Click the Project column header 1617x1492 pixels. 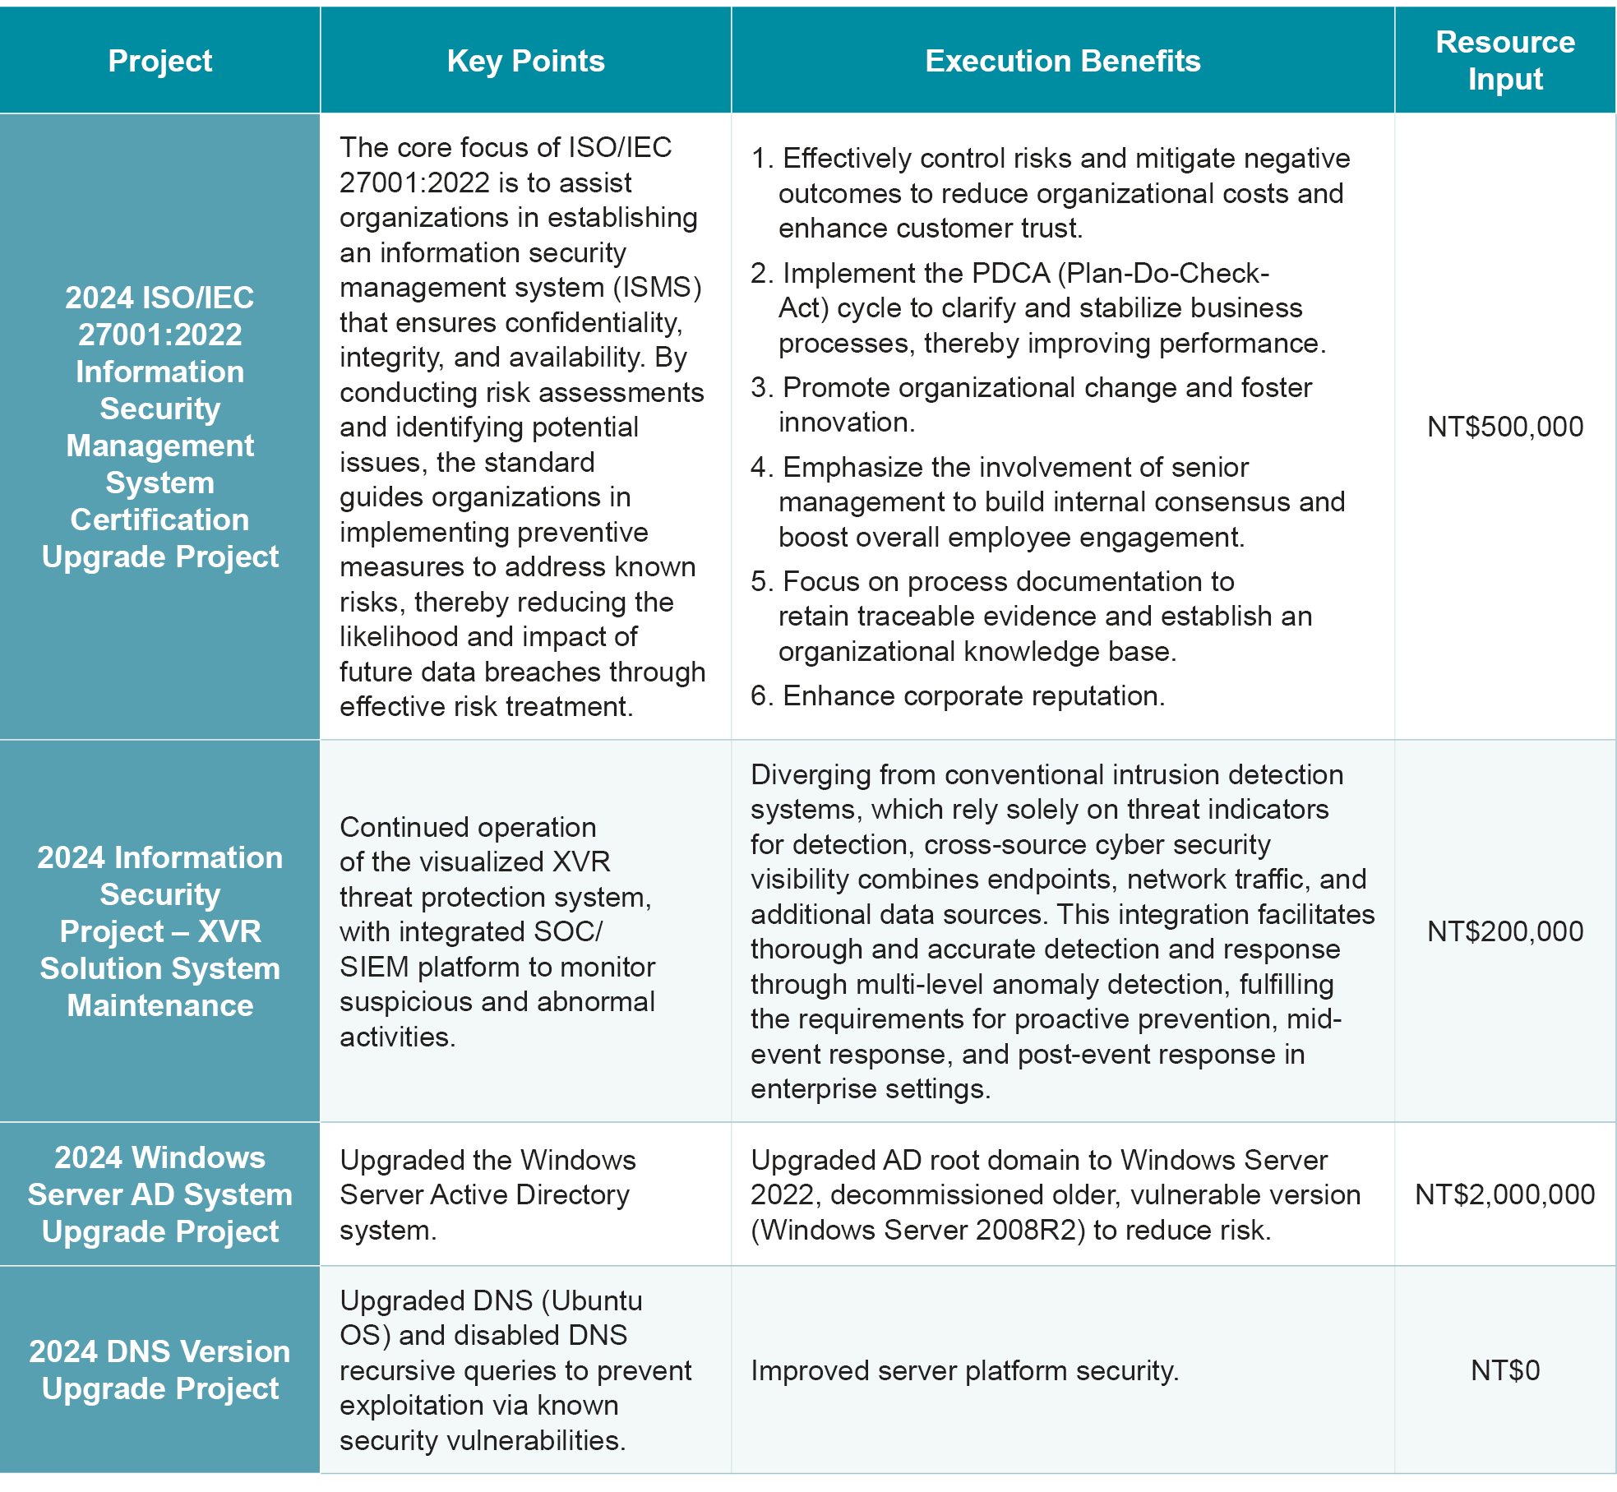pos(159,61)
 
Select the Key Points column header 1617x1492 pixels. pos(525,61)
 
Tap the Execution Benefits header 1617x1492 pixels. pos(1062,61)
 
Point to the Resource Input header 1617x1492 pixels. pos(1504,60)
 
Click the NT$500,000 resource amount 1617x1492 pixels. pos(1504,427)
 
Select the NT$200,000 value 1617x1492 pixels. pos(1504,931)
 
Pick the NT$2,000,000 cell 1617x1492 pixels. pos(1504,1194)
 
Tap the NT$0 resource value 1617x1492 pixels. pos(1504,1370)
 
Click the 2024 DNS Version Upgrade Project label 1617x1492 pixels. pos(159,1370)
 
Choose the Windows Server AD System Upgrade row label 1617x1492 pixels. pos(159,1194)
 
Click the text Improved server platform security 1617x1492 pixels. pos(964,1370)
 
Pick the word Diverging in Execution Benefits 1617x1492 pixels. pos(810,774)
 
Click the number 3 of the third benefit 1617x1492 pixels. pos(759,387)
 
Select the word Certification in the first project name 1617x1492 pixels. pos(159,520)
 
